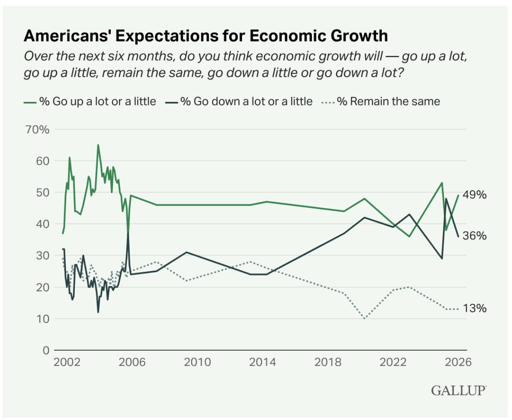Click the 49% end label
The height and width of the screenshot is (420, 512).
coord(474,195)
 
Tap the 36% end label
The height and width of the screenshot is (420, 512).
coord(474,236)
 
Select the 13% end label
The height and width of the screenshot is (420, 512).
coord(474,308)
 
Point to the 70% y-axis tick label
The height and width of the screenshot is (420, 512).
coord(38,130)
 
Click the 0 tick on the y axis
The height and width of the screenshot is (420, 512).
coord(46,350)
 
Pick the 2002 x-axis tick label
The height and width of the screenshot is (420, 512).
coord(67,362)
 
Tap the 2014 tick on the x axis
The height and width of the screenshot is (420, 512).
coord(262,362)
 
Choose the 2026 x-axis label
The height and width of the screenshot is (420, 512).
coord(458,362)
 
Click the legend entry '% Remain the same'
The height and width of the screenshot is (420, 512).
coord(388,101)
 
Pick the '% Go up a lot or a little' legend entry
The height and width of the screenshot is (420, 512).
coord(97,101)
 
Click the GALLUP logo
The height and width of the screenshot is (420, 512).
coord(458,390)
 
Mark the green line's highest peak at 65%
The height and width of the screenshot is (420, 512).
coord(98,145)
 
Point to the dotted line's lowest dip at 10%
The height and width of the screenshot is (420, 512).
coord(364,318)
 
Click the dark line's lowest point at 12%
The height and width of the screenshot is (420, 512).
coord(98,312)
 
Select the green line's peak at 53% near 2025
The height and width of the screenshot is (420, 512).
coord(442,183)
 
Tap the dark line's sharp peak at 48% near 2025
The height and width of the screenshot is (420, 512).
coord(446,199)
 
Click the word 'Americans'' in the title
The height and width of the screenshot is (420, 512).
coord(68,36)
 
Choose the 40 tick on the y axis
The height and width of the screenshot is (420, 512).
coord(43,224)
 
